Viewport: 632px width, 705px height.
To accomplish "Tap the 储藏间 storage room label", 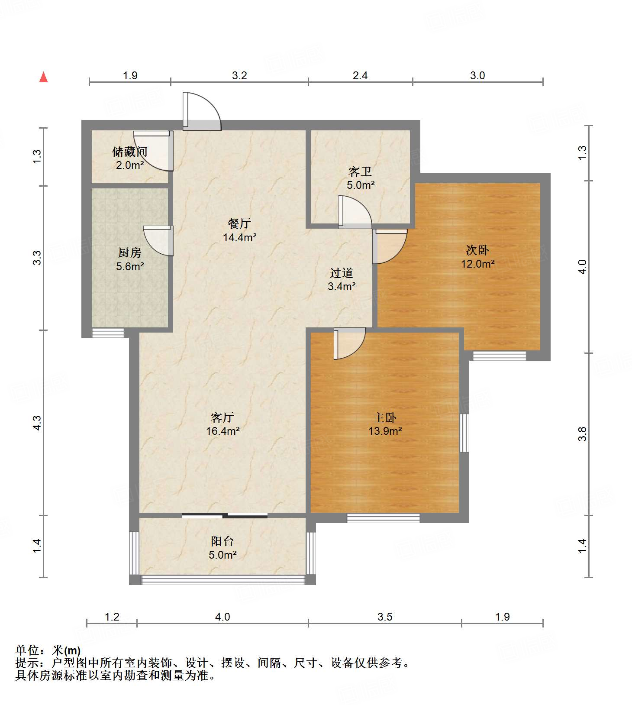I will pos(129,152).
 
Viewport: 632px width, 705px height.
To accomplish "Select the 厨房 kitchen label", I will pos(129,252).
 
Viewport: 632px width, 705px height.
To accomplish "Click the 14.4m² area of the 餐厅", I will pos(239,237).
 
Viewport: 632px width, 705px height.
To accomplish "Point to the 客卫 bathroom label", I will pos(360,172).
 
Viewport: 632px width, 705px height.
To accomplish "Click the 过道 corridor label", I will pos(342,273).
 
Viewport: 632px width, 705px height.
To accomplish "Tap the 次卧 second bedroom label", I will pos(477,250).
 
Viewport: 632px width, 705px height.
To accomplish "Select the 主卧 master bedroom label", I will pos(385,417).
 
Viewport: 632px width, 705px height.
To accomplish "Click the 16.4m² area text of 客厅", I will pos(222,431).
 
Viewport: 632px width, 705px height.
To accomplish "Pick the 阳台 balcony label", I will pos(222,541).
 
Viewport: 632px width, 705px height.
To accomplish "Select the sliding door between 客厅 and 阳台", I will pos(225,515).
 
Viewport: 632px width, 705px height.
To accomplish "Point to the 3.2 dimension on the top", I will pos(239,76).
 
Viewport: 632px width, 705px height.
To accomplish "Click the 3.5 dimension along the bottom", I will pos(384,617).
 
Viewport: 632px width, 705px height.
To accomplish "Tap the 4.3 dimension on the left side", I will pos(37,423).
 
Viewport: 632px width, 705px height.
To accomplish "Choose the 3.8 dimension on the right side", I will pos(583,434).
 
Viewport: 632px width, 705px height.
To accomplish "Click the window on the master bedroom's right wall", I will pos(464,433).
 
